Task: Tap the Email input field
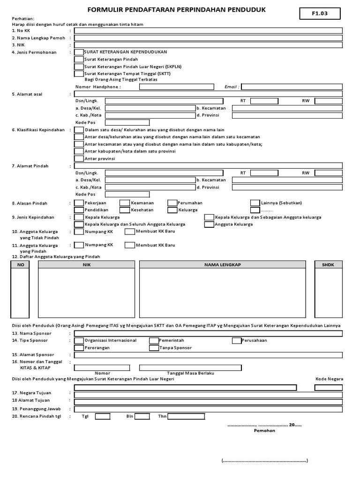292,87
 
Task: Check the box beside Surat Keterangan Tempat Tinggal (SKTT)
79,74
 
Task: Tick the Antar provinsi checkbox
79,158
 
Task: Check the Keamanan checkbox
125,203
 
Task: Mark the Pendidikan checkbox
79,210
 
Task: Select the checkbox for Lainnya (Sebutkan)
255,203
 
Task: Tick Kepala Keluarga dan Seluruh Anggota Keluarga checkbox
79,225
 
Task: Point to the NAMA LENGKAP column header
222,265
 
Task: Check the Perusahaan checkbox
236,340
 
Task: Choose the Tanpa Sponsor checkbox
154,348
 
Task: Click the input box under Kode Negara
329,388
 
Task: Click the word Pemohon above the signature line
264,430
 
